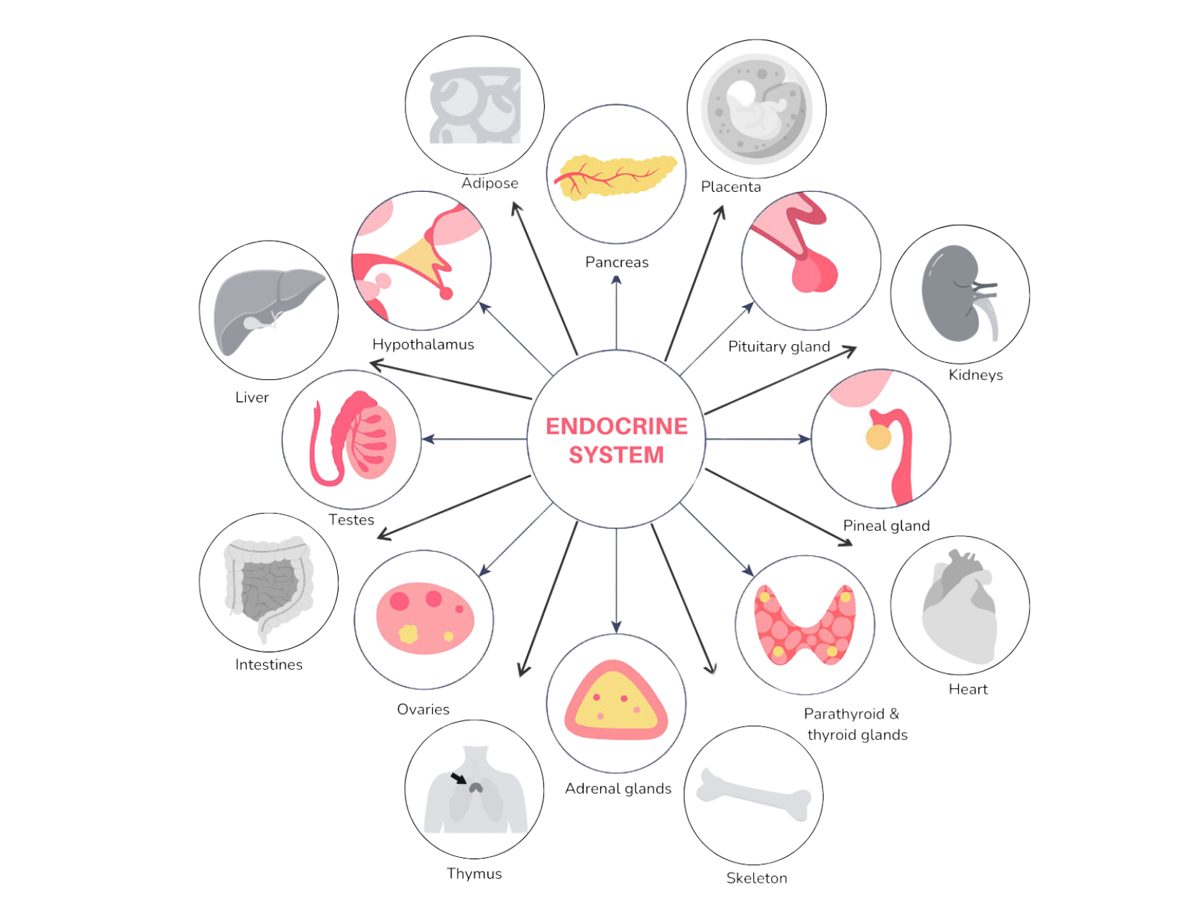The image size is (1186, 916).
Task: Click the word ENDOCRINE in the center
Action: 617,426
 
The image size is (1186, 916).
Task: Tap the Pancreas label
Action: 617,262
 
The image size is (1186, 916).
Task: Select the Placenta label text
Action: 730,187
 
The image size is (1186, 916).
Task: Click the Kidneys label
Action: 975,375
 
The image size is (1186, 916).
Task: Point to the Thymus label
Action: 474,874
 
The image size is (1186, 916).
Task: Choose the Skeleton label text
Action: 756,878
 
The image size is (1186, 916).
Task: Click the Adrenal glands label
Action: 618,789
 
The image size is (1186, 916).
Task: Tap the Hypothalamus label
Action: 423,345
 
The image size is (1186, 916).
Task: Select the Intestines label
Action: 270,665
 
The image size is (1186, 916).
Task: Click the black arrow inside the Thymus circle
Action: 457,779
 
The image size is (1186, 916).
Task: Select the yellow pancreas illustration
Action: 615,176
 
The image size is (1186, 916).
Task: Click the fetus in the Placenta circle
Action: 755,108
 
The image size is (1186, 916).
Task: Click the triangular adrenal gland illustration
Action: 616,700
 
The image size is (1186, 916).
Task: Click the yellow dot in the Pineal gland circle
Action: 878,438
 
